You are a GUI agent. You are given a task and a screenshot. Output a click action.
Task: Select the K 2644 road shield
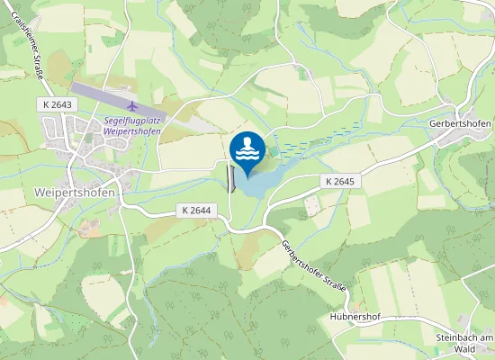(x=195, y=210)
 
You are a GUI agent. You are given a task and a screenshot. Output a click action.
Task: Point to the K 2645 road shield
(x=340, y=181)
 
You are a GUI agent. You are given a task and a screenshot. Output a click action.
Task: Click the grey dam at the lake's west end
(x=231, y=177)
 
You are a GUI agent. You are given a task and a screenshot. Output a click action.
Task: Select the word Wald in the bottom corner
(x=465, y=349)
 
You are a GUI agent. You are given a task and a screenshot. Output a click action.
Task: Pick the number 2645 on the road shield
(x=345, y=181)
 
